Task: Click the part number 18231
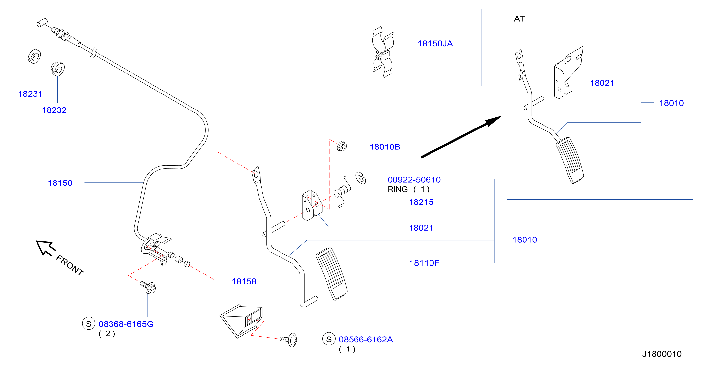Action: click(30, 94)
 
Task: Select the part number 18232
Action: click(54, 110)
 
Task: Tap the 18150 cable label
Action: click(60, 183)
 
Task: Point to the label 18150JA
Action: click(435, 43)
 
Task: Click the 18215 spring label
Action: click(421, 202)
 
